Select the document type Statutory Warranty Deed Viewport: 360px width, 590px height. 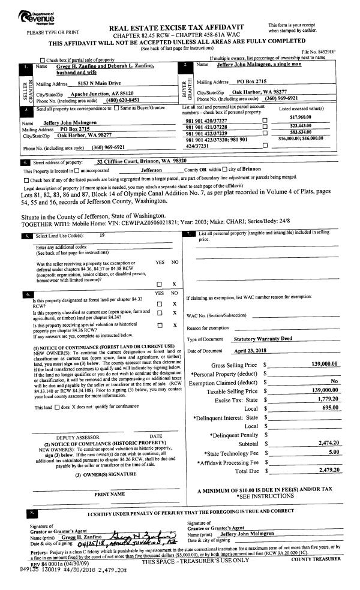[262, 339]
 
